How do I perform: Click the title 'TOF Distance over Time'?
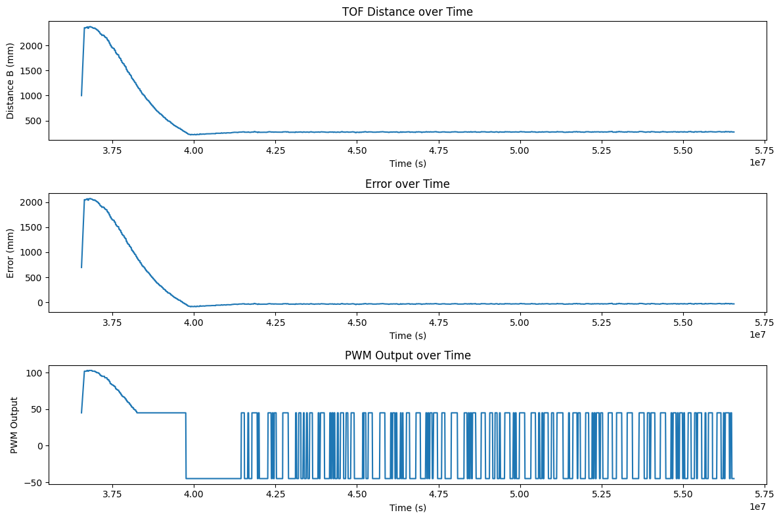pos(407,12)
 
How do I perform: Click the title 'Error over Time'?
pos(407,184)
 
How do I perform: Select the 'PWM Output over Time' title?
pos(407,355)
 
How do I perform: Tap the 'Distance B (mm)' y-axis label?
pos(11,80)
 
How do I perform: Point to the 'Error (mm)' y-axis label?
pos(11,253)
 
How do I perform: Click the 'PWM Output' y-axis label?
pos(14,424)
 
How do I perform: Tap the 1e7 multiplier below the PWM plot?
pos(757,507)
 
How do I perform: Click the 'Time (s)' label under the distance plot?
pos(407,164)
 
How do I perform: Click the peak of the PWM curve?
pos(90,371)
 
